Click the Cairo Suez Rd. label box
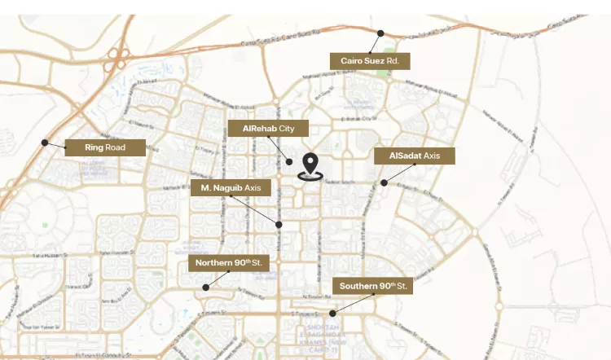click(369, 61)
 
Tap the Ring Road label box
click(105, 147)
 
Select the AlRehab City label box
click(268, 129)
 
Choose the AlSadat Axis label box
click(414, 156)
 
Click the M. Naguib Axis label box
click(230, 188)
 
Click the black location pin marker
click(310, 165)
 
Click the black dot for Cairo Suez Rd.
click(380, 33)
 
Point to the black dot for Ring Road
click(45, 143)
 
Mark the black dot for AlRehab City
click(289, 162)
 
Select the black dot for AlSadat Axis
click(384, 182)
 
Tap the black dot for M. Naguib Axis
click(279, 224)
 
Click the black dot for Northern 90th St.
click(206, 287)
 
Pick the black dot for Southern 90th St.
click(332, 314)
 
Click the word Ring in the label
click(95, 147)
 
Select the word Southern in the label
click(358, 286)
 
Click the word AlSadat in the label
click(405, 156)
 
